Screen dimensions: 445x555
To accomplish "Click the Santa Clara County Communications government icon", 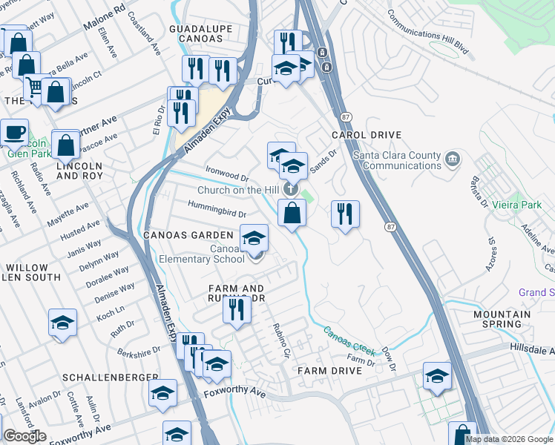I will click(452, 159).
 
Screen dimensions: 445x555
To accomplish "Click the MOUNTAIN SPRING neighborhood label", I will click(502, 319).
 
